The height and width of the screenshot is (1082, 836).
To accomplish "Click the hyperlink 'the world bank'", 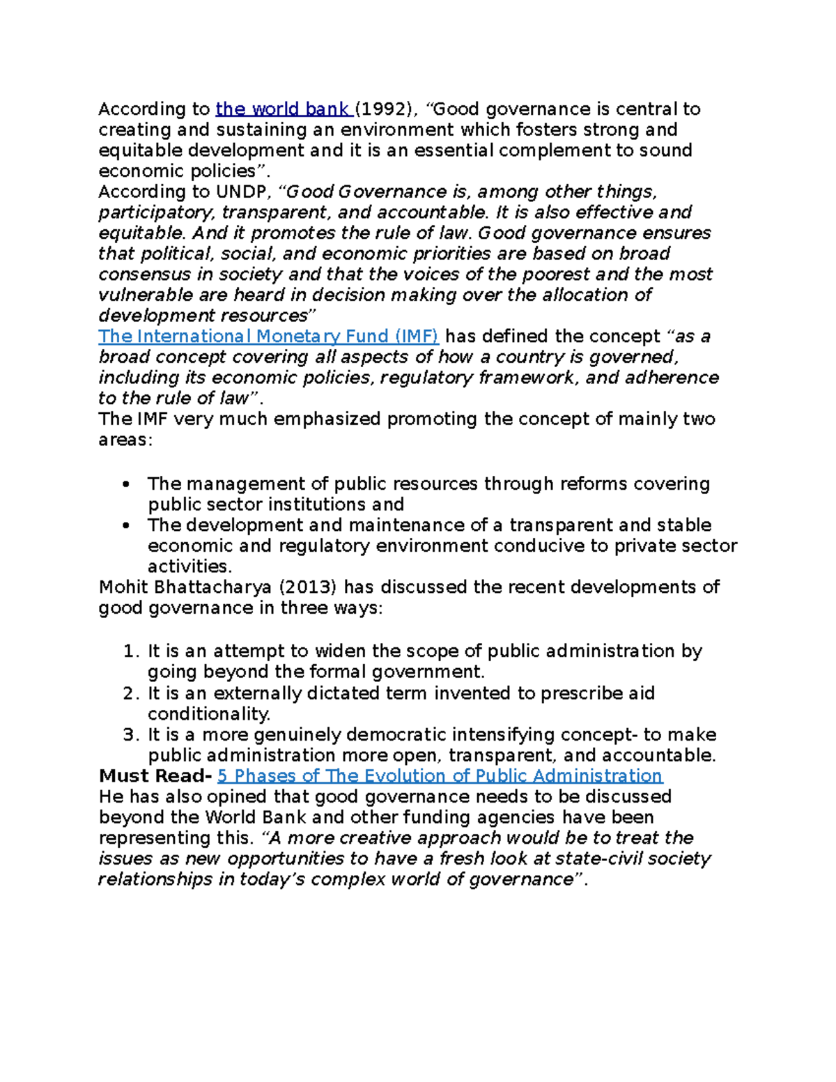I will tap(282, 109).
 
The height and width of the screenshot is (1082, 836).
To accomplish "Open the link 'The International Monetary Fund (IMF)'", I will tap(268, 337).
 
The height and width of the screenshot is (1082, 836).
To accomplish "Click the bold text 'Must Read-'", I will tap(155, 776).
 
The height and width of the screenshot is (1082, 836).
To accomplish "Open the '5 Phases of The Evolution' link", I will tap(440, 776).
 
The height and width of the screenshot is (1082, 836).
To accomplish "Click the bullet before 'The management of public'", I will tap(126, 485).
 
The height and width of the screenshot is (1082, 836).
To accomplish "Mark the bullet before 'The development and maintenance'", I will tap(126, 526).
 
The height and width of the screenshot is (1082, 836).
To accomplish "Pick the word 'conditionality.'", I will tap(209, 714).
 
